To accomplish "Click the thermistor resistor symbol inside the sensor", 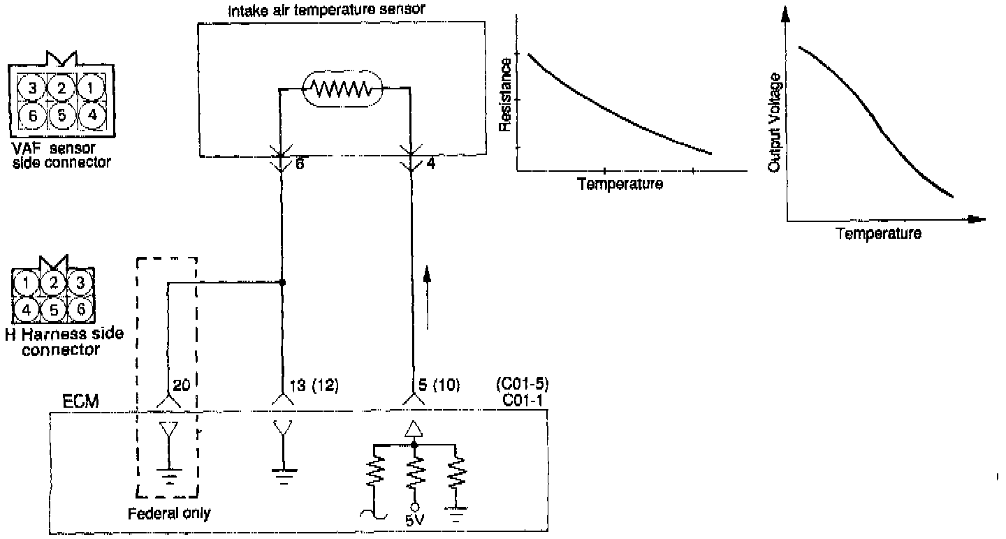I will click(342, 88).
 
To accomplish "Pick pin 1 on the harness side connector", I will click(25, 283).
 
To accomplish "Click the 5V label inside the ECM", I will click(414, 521).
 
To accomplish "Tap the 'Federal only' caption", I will click(169, 514).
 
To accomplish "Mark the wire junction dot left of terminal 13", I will click(282, 283).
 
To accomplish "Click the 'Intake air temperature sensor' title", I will click(328, 10).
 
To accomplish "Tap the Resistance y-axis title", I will click(506, 95).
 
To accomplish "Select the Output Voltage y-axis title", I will click(774, 121).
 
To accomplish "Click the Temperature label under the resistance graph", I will click(620, 184).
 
